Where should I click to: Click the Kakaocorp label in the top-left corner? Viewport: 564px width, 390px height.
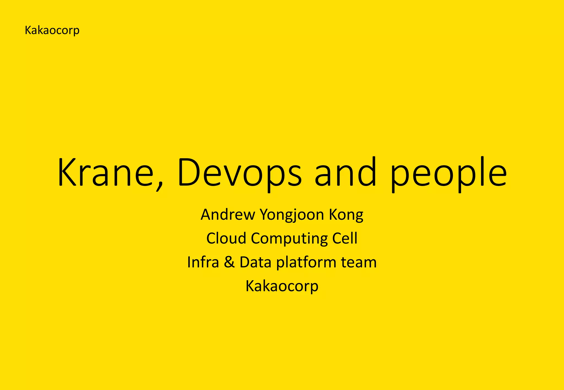pos(52,30)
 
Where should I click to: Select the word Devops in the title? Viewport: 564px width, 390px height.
pos(240,172)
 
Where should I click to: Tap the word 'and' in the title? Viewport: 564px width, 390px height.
pos(345,172)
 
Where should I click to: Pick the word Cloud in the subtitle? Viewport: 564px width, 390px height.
pos(226,238)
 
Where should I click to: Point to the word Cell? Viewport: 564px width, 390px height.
pos(345,238)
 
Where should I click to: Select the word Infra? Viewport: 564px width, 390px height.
pos(203,262)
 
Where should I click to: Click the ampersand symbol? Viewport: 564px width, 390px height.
pos(229,262)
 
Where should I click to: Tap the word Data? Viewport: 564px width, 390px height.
pos(256,262)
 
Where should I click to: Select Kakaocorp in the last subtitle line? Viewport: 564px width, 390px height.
pos(282,286)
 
